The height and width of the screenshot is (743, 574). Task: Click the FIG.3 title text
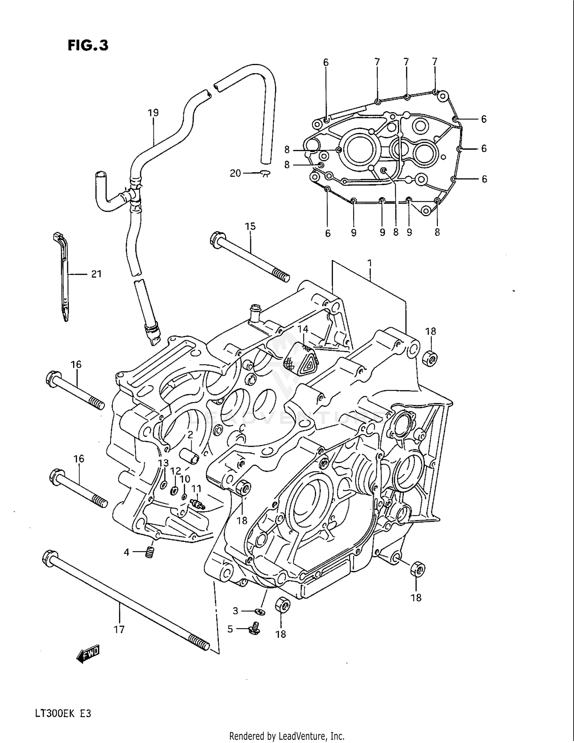pos(88,46)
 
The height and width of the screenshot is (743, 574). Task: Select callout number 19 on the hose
pos(153,113)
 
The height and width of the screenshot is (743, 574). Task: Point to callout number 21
pos(96,274)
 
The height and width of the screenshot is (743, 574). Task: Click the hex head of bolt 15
pos(216,240)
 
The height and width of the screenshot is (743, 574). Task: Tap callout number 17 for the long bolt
pos(119,629)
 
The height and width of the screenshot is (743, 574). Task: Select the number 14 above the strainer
pos(303,329)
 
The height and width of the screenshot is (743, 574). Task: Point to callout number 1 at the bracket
pos(369,263)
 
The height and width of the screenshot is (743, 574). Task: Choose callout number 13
pos(163,463)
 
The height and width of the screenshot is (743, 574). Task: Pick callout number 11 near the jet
pos(196,488)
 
